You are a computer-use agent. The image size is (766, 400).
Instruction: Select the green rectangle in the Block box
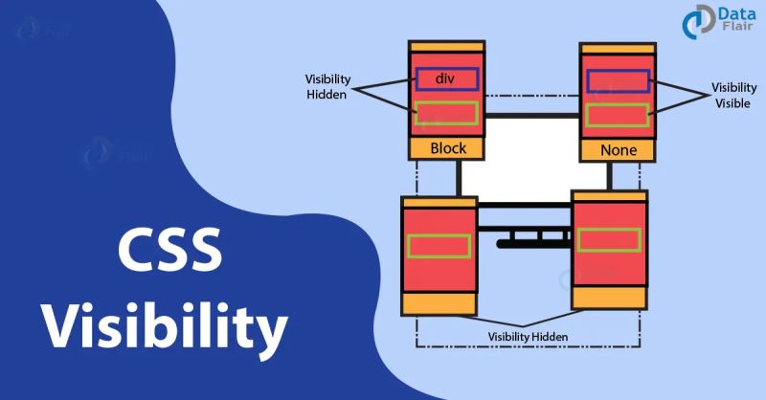click(445, 113)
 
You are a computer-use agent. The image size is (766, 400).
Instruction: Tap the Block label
click(447, 148)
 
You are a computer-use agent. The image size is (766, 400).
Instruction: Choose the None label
click(618, 150)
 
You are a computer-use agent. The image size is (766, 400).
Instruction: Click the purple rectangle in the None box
click(618, 81)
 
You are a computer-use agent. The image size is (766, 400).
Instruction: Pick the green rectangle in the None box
click(618, 115)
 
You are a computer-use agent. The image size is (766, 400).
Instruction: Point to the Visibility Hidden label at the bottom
click(528, 337)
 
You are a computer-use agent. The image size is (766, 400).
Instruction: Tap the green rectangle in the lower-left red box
click(439, 246)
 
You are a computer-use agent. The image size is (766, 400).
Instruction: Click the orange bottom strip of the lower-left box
click(439, 304)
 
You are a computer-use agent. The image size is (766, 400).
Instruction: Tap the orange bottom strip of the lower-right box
click(610, 298)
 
